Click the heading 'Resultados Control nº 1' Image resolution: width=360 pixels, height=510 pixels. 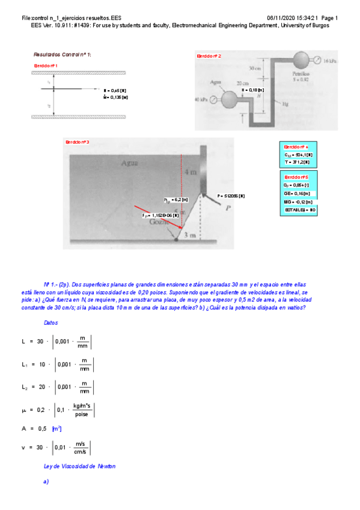coord(63,54)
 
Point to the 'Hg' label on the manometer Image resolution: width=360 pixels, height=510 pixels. coord(285,104)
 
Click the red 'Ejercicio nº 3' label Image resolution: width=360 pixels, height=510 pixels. coord(78,142)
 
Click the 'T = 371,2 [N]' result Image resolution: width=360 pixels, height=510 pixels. coord(297,162)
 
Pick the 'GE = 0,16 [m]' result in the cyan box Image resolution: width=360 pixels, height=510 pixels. coord(295,194)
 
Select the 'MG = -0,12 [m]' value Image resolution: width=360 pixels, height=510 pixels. coord(297,202)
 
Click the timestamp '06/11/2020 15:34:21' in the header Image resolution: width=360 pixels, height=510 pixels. coord(293,18)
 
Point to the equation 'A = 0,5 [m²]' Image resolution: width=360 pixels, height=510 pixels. coord(41,428)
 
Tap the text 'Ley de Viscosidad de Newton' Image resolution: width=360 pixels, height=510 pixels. coord(80,466)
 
